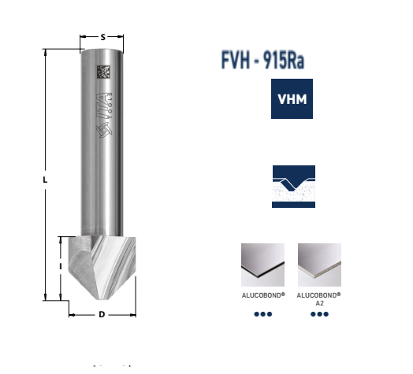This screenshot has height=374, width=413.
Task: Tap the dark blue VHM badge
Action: click(293, 99)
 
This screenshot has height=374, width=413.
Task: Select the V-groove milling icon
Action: click(293, 186)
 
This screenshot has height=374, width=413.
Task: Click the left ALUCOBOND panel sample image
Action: click(262, 265)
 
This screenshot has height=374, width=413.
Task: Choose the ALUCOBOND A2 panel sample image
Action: click(319, 265)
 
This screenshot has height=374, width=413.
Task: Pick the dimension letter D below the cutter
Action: click(102, 316)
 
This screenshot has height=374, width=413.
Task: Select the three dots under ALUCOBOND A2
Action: click(319, 314)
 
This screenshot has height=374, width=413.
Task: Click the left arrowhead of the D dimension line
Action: click(72, 316)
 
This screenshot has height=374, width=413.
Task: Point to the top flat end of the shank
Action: click(103, 50)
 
